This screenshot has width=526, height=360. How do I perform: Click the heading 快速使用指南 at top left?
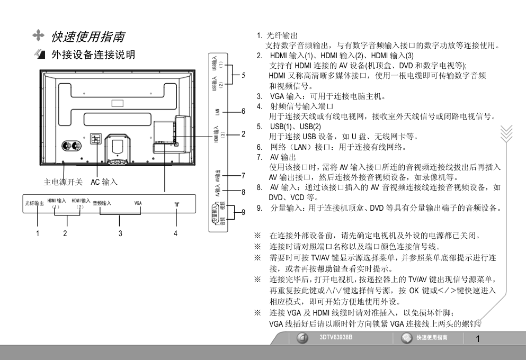[x=88, y=37]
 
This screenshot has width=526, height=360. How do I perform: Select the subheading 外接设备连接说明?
[x=93, y=55]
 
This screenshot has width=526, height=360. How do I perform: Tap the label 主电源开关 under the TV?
[x=63, y=182]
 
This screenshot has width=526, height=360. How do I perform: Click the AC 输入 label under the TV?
[x=104, y=182]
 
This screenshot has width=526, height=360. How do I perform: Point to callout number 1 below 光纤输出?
[x=38, y=233]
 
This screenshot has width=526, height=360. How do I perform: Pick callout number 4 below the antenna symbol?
[x=175, y=233]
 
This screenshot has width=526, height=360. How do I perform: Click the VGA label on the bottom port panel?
[x=138, y=203]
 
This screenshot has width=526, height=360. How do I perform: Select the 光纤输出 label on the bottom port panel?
[x=34, y=203]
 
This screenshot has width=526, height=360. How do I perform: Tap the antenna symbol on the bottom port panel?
[x=177, y=204]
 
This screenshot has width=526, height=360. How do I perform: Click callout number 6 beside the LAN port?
[x=243, y=111]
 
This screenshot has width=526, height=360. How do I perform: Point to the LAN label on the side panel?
[x=217, y=112]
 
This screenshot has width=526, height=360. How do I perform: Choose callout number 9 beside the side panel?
[x=243, y=212]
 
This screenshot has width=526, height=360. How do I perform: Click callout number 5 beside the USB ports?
[x=243, y=75]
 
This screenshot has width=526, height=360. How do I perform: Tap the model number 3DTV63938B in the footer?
[x=336, y=337]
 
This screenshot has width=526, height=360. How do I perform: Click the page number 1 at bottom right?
[x=478, y=339]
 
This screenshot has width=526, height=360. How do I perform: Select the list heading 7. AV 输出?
[x=277, y=157]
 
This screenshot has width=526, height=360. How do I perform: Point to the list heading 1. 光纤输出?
[x=277, y=35]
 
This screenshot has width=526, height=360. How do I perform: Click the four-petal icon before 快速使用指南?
[x=39, y=35]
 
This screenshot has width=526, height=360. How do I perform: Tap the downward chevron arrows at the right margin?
[x=506, y=133]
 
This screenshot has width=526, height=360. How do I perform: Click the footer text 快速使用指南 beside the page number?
[x=432, y=338]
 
